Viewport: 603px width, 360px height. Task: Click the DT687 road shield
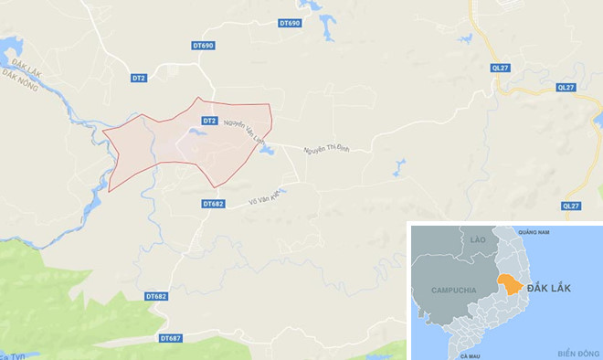pyautogui.click(x=171, y=338)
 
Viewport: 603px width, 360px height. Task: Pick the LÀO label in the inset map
pyautogui.click(x=477, y=238)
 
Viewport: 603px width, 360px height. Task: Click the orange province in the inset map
pyautogui.click(x=511, y=283)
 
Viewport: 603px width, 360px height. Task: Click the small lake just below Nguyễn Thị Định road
pyautogui.click(x=399, y=167)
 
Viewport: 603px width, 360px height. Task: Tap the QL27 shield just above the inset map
pyautogui.click(x=572, y=206)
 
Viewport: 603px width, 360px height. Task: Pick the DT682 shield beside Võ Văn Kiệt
pyautogui.click(x=214, y=204)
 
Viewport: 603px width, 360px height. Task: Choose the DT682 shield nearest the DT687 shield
pyautogui.click(x=156, y=297)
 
